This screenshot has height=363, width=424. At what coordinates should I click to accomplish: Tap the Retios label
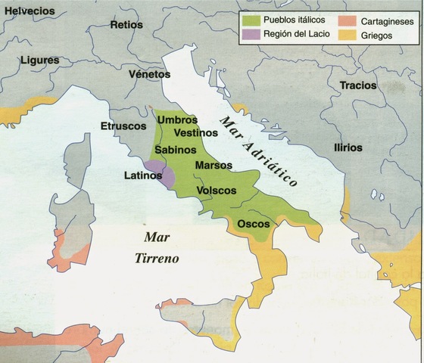[126, 25]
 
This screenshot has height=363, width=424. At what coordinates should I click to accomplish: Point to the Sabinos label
[176, 150]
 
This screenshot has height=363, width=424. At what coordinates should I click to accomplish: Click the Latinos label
[143, 175]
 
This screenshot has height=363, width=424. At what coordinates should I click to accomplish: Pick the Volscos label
[217, 191]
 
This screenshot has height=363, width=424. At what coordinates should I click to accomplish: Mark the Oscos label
[253, 224]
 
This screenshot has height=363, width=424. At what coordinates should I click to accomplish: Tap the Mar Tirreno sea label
[157, 247]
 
